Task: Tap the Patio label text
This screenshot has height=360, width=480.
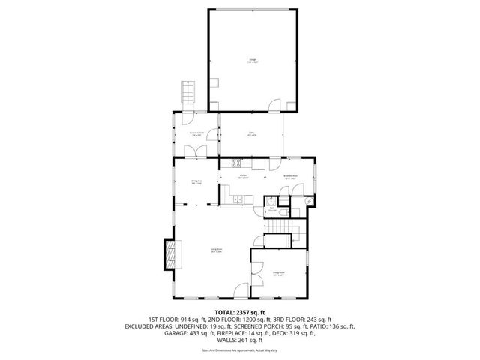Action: tap(252, 135)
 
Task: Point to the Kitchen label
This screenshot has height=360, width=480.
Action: tap(243, 177)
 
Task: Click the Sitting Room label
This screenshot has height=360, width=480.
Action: tap(279, 274)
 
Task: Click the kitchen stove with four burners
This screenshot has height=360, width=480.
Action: tap(238, 163)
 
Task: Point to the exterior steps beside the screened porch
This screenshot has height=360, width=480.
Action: tap(186, 94)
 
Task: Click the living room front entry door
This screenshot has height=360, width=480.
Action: tap(239, 292)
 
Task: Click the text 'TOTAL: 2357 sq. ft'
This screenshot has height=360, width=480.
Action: tap(240, 312)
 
